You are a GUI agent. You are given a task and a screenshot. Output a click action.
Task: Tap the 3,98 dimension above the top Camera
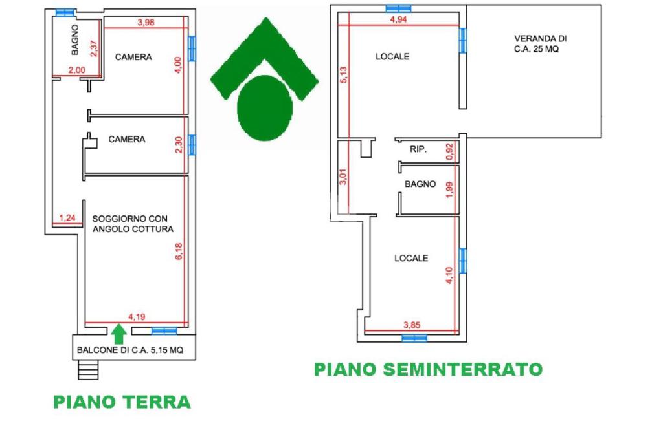click(x=146, y=23)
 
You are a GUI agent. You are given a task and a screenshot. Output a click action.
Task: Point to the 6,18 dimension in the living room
click(x=179, y=252)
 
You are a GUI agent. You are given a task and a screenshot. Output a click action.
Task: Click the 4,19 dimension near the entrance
click(x=137, y=317)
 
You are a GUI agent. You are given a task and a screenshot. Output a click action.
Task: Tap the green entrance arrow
click(x=118, y=334)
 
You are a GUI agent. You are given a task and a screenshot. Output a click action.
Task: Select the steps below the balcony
click(x=88, y=371)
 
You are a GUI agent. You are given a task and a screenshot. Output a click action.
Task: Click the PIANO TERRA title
click(x=122, y=402)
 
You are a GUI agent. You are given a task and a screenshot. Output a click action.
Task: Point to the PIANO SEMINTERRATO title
click(x=428, y=369)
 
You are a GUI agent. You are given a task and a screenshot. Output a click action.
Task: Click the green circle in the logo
click(x=265, y=108)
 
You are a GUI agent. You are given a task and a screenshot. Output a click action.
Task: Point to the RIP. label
click(x=418, y=149)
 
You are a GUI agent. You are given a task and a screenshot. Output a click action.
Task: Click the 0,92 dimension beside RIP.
click(x=450, y=151)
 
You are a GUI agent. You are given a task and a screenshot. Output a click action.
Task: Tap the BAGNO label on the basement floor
click(x=420, y=184)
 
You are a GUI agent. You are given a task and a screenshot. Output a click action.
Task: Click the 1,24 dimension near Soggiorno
click(x=67, y=218)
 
